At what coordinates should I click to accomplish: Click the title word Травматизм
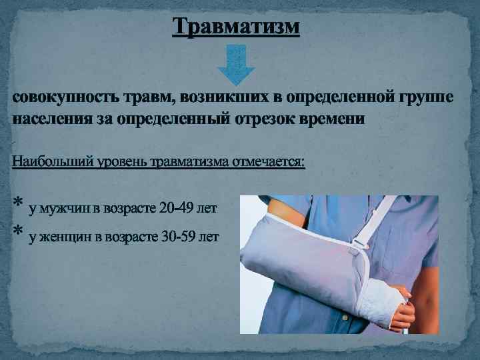[236, 27]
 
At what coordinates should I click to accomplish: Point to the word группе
[427, 99]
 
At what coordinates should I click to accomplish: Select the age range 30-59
[177, 237]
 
